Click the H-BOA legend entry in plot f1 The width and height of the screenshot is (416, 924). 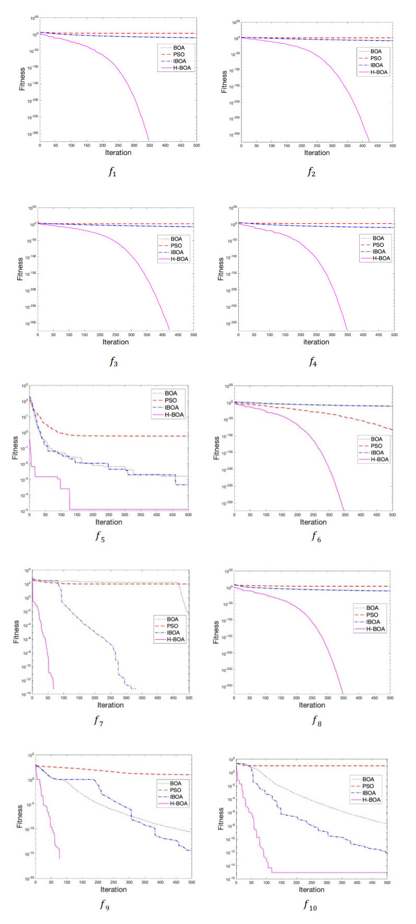(x=182, y=68)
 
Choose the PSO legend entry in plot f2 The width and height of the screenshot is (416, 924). (x=376, y=58)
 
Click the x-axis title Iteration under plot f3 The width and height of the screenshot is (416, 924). (x=116, y=342)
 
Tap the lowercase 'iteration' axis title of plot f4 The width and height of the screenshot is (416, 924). (x=316, y=342)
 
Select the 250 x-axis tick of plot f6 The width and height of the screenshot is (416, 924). (x=313, y=515)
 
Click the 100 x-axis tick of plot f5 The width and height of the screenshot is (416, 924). (x=62, y=515)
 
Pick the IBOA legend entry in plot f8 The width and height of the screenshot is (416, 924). (x=373, y=622)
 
